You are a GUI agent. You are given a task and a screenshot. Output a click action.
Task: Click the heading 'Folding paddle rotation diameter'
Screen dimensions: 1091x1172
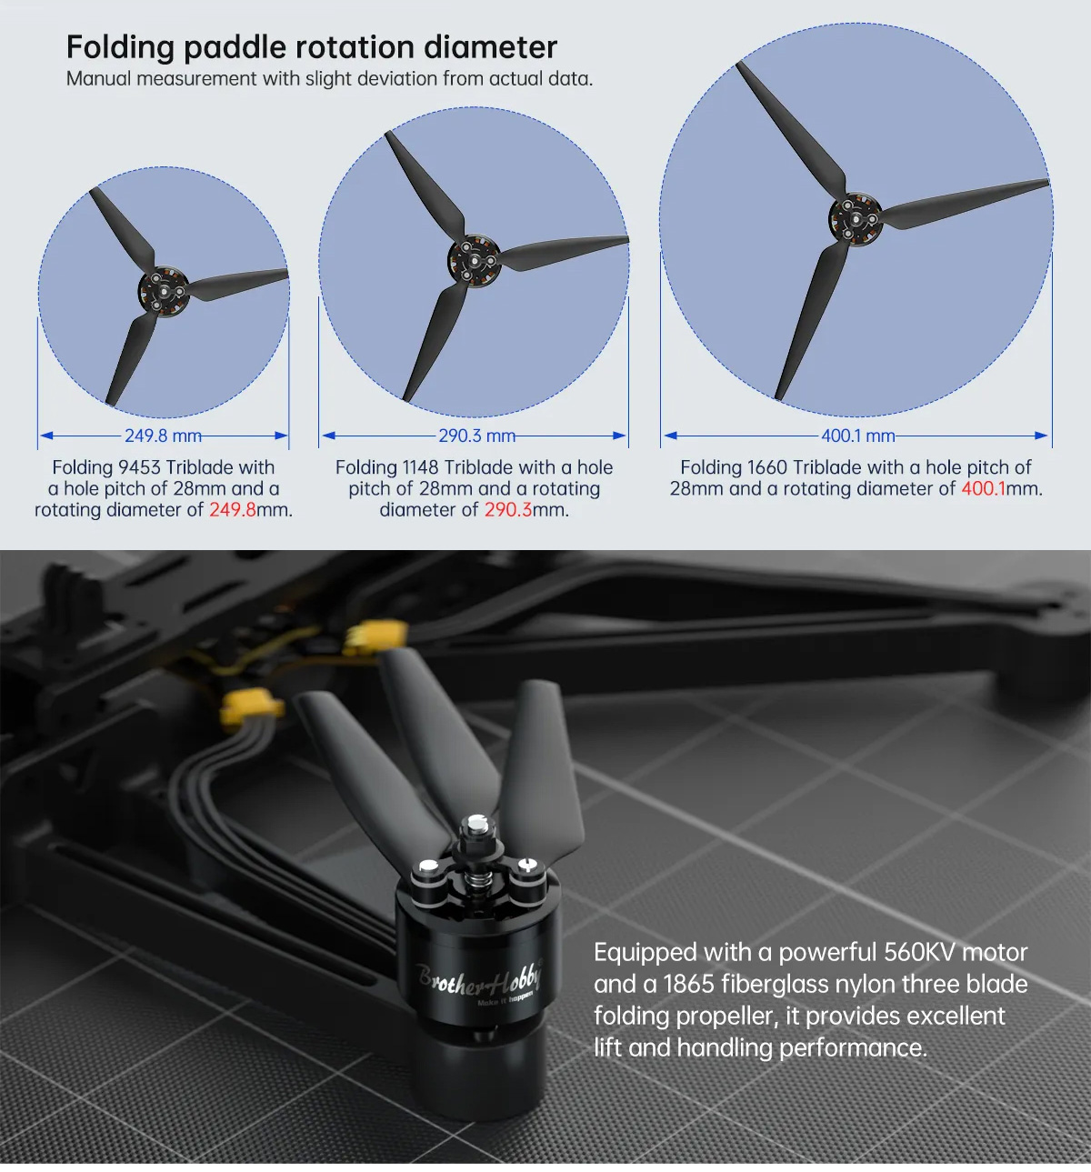(x=311, y=47)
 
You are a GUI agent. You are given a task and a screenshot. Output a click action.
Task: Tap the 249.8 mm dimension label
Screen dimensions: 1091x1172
(x=163, y=436)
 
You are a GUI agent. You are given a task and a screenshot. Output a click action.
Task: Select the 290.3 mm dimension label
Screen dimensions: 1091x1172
(x=476, y=436)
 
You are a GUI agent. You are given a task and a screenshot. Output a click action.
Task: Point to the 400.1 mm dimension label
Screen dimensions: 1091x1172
(x=858, y=436)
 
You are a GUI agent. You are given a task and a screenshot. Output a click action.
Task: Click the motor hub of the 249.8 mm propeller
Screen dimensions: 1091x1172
(x=163, y=290)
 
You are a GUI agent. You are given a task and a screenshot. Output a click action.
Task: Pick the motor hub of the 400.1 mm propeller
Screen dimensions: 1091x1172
(x=856, y=219)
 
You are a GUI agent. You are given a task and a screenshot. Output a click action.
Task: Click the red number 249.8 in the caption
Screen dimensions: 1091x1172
(x=233, y=510)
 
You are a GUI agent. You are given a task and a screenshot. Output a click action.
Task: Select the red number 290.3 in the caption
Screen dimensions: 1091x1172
(x=508, y=510)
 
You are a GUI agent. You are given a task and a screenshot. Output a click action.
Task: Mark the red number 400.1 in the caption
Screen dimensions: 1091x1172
(x=983, y=488)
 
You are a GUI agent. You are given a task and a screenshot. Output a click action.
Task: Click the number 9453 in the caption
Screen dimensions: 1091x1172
(x=139, y=467)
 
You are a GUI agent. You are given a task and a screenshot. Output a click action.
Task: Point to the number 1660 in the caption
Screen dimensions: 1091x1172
(x=767, y=467)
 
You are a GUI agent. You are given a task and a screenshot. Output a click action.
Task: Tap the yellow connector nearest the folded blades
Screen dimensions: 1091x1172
(x=376, y=636)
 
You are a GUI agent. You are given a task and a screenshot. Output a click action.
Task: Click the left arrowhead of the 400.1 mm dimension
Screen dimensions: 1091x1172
(x=670, y=436)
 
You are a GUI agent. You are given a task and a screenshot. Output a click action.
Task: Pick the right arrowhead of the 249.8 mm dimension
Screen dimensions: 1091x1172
(x=282, y=436)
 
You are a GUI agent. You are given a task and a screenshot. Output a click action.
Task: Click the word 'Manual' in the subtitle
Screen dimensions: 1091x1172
(x=98, y=79)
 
